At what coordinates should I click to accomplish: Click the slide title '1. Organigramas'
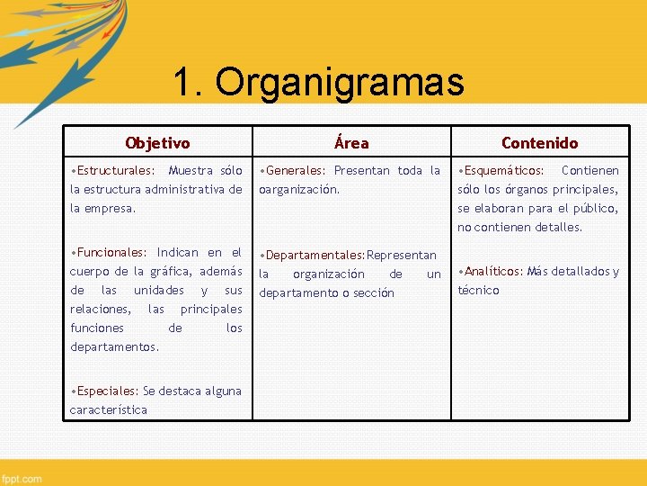[x=318, y=83]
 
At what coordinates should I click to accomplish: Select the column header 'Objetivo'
[x=157, y=143]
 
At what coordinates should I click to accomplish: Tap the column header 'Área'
[x=351, y=143]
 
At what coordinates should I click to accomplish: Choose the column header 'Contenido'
[x=539, y=143]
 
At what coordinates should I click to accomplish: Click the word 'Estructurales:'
[x=113, y=171]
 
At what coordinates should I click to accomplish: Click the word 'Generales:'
[x=295, y=171]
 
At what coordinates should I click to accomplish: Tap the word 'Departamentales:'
[x=315, y=256]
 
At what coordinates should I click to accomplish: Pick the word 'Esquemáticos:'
[x=502, y=171]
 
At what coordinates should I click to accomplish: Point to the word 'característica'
[x=109, y=410]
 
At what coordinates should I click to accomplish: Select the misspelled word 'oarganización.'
[x=299, y=190]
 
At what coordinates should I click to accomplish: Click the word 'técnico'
[x=478, y=291]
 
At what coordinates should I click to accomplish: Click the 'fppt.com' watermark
[x=22, y=478]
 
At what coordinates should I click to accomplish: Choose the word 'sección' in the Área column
[x=373, y=293]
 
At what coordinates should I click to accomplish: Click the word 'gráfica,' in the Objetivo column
[x=173, y=272]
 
